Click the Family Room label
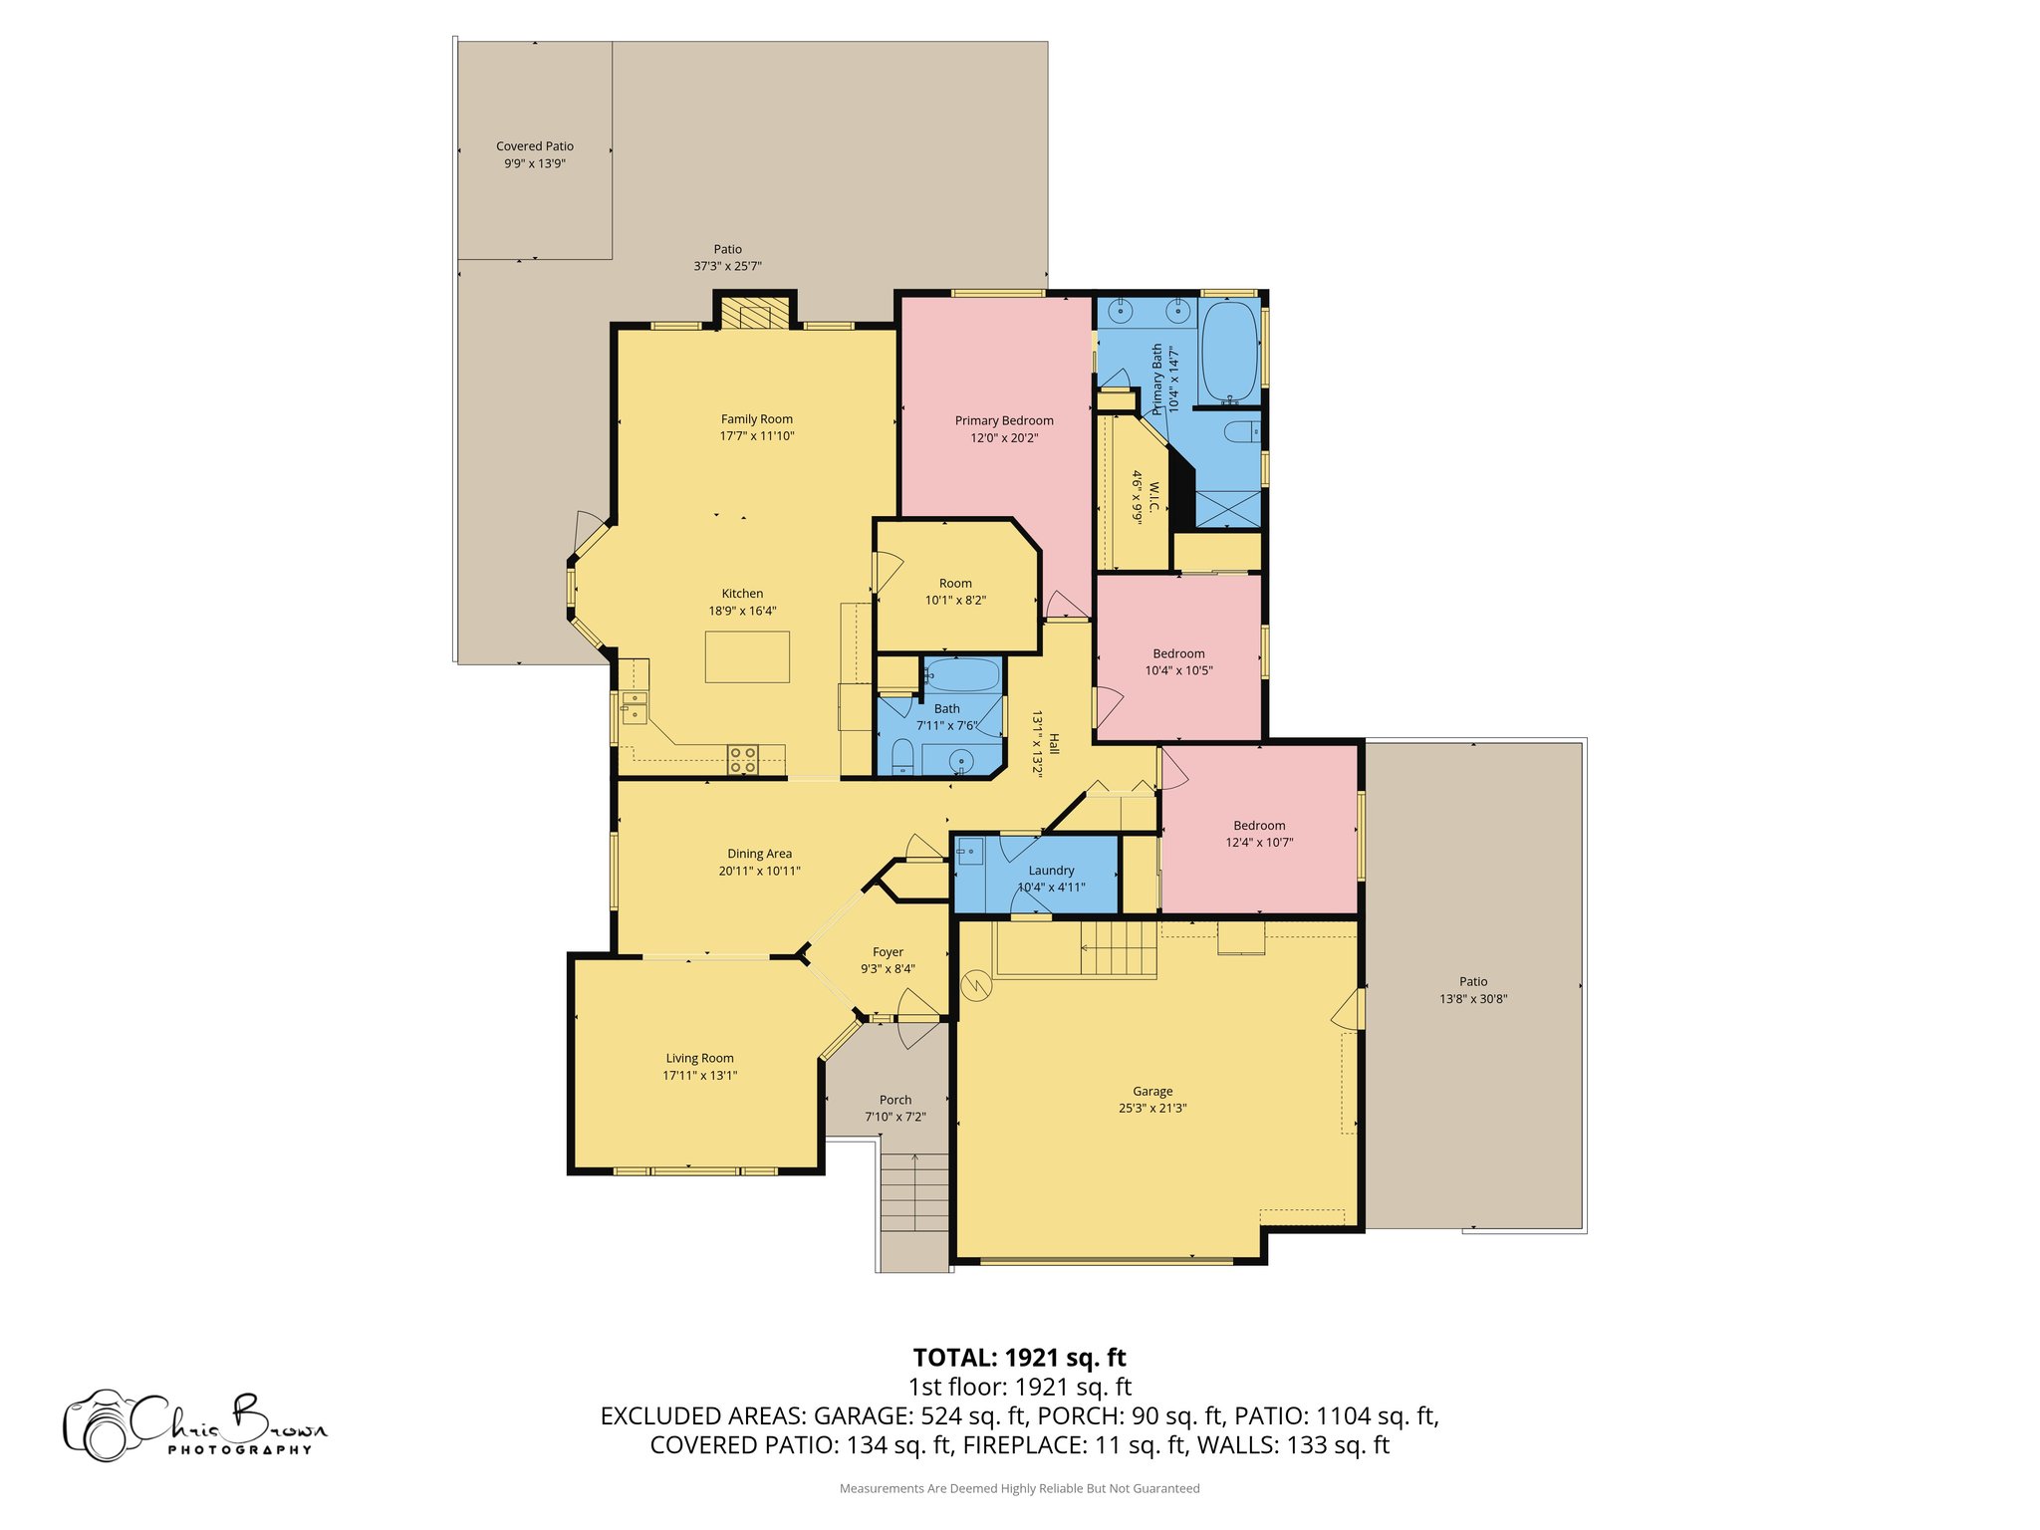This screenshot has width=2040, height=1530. coord(757,419)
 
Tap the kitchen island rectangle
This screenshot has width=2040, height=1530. coord(747,657)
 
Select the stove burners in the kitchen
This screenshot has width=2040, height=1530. coord(742,760)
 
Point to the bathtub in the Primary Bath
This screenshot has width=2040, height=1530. coord(1230,350)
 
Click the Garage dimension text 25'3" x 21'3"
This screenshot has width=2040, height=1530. coord(1152,1108)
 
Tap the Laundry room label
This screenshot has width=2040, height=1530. coord(1051,871)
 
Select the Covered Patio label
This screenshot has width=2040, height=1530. coord(535,146)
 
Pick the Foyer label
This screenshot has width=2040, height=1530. coord(888,952)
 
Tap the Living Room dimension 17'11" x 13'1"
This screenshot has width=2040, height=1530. coord(700,1076)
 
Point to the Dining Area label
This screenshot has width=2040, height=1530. coord(759,854)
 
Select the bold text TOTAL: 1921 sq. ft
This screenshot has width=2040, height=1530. coord(1019,1358)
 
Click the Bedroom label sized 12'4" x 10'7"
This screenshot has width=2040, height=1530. coord(1259,826)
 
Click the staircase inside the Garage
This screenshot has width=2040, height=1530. coord(1120,948)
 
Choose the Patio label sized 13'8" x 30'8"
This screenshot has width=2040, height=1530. coord(1473,982)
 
